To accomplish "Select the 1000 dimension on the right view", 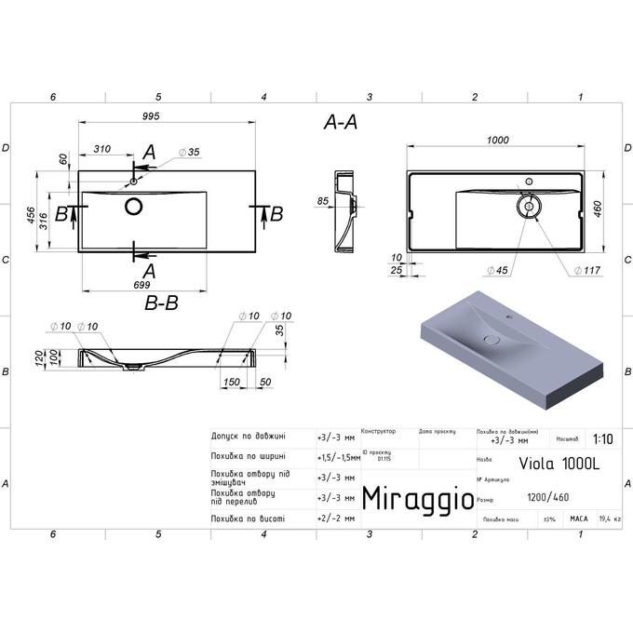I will pyautogui.click(x=497, y=140).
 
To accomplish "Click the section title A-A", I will pyautogui.click(x=341, y=122).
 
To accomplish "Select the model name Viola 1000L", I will pyautogui.click(x=545, y=459).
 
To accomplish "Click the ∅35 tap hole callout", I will pyautogui.click(x=189, y=151).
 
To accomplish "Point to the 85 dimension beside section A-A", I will pyautogui.click(x=323, y=200).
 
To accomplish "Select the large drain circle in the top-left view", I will pyautogui.click(x=133, y=206).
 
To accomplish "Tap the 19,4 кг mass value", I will pyautogui.click(x=610, y=519).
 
